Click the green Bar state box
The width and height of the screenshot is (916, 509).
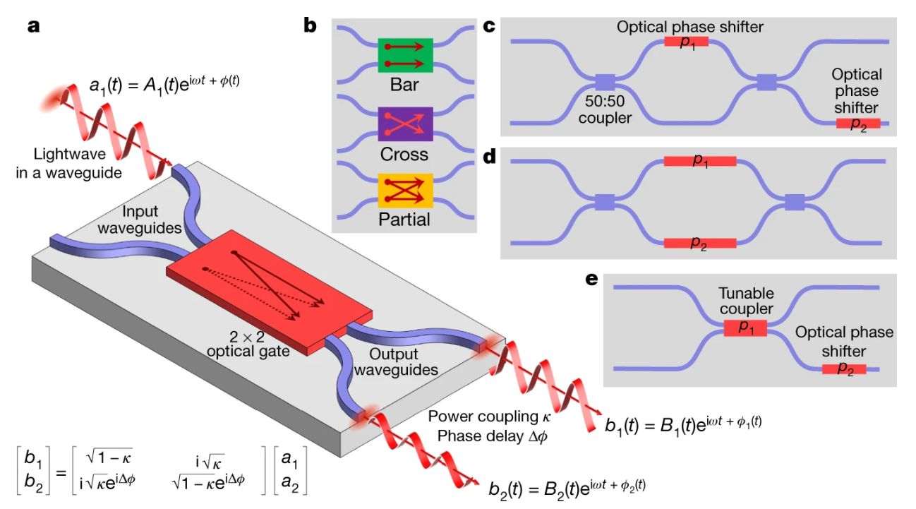pos(405,54)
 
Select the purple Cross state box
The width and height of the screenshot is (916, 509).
pos(405,124)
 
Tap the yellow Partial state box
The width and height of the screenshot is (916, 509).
pos(405,190)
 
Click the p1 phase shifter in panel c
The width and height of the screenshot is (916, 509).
pos(686,42)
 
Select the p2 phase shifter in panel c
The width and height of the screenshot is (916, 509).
pos(857,124)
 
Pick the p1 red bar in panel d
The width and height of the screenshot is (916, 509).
pos(699,161)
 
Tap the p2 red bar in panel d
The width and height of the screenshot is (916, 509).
pos(699,244)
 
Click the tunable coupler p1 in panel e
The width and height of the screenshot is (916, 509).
pos(745,328)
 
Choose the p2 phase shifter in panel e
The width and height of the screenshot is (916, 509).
pos(843,369)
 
